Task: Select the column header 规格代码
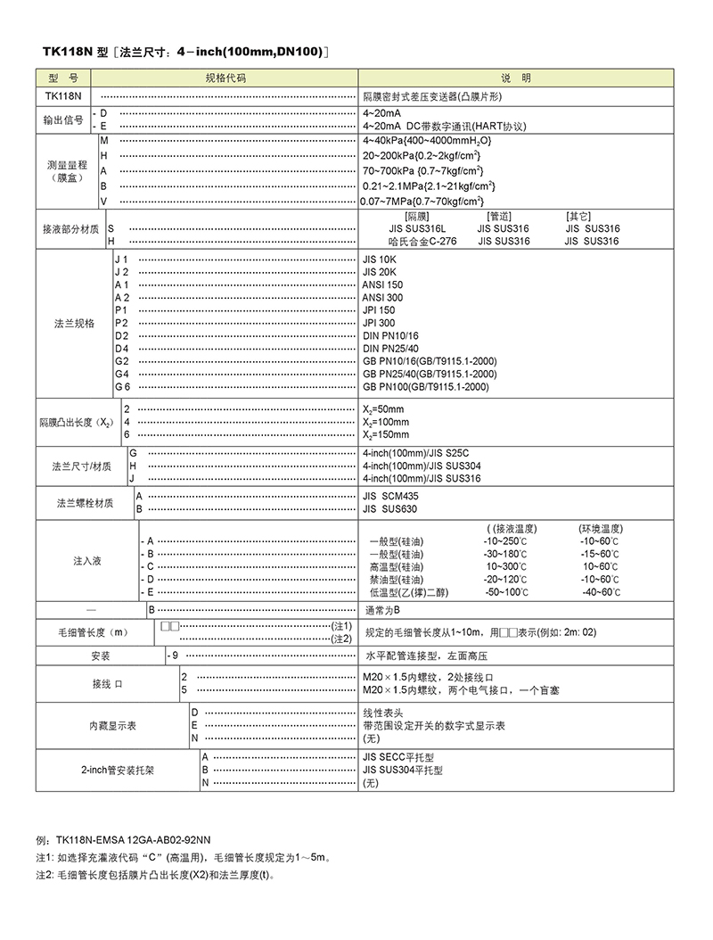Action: click(x=225, y=78)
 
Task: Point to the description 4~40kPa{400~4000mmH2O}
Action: click(x=427, y=142)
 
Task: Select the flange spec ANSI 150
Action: click(x=382, y=284)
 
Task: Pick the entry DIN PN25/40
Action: click(x=390, y=348)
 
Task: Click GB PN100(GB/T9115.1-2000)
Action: click(x=425, y=387)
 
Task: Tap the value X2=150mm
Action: click(x=386, y=434)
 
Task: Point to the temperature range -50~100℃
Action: click(x=506, y=592)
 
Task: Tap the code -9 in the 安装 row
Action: click(x=175, y=656)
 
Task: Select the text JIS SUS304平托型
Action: click(x=403, y=769)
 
